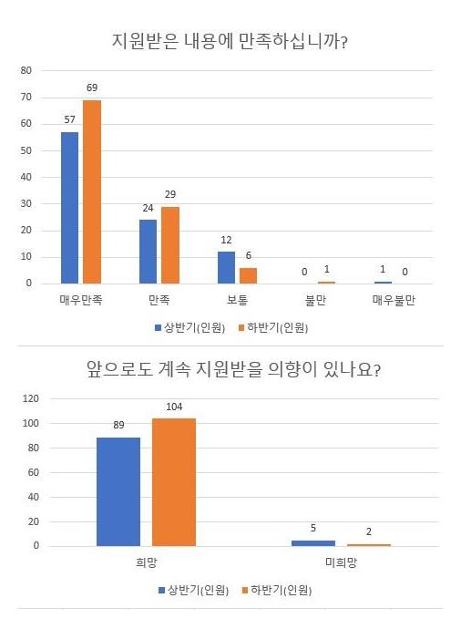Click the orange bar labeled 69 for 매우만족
pos(92,191)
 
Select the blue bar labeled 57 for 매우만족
pos(69,208)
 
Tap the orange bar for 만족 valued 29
pos(170,245)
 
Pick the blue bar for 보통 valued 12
pos(226,267)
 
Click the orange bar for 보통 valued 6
pos(249,275)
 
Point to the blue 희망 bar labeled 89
pos(118,491)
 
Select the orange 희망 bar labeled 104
pos(174,482)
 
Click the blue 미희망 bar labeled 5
pos(313,542)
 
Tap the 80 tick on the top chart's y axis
pos(26,70)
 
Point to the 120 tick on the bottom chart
pos(30,398)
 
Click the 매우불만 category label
pos(394,300)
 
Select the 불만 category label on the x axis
pos(316,300)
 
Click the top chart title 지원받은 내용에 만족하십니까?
pos(236,40)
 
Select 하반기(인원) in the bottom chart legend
pos(281,588)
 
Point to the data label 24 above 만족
pos(148,209)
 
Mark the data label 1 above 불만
pos(327,271)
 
